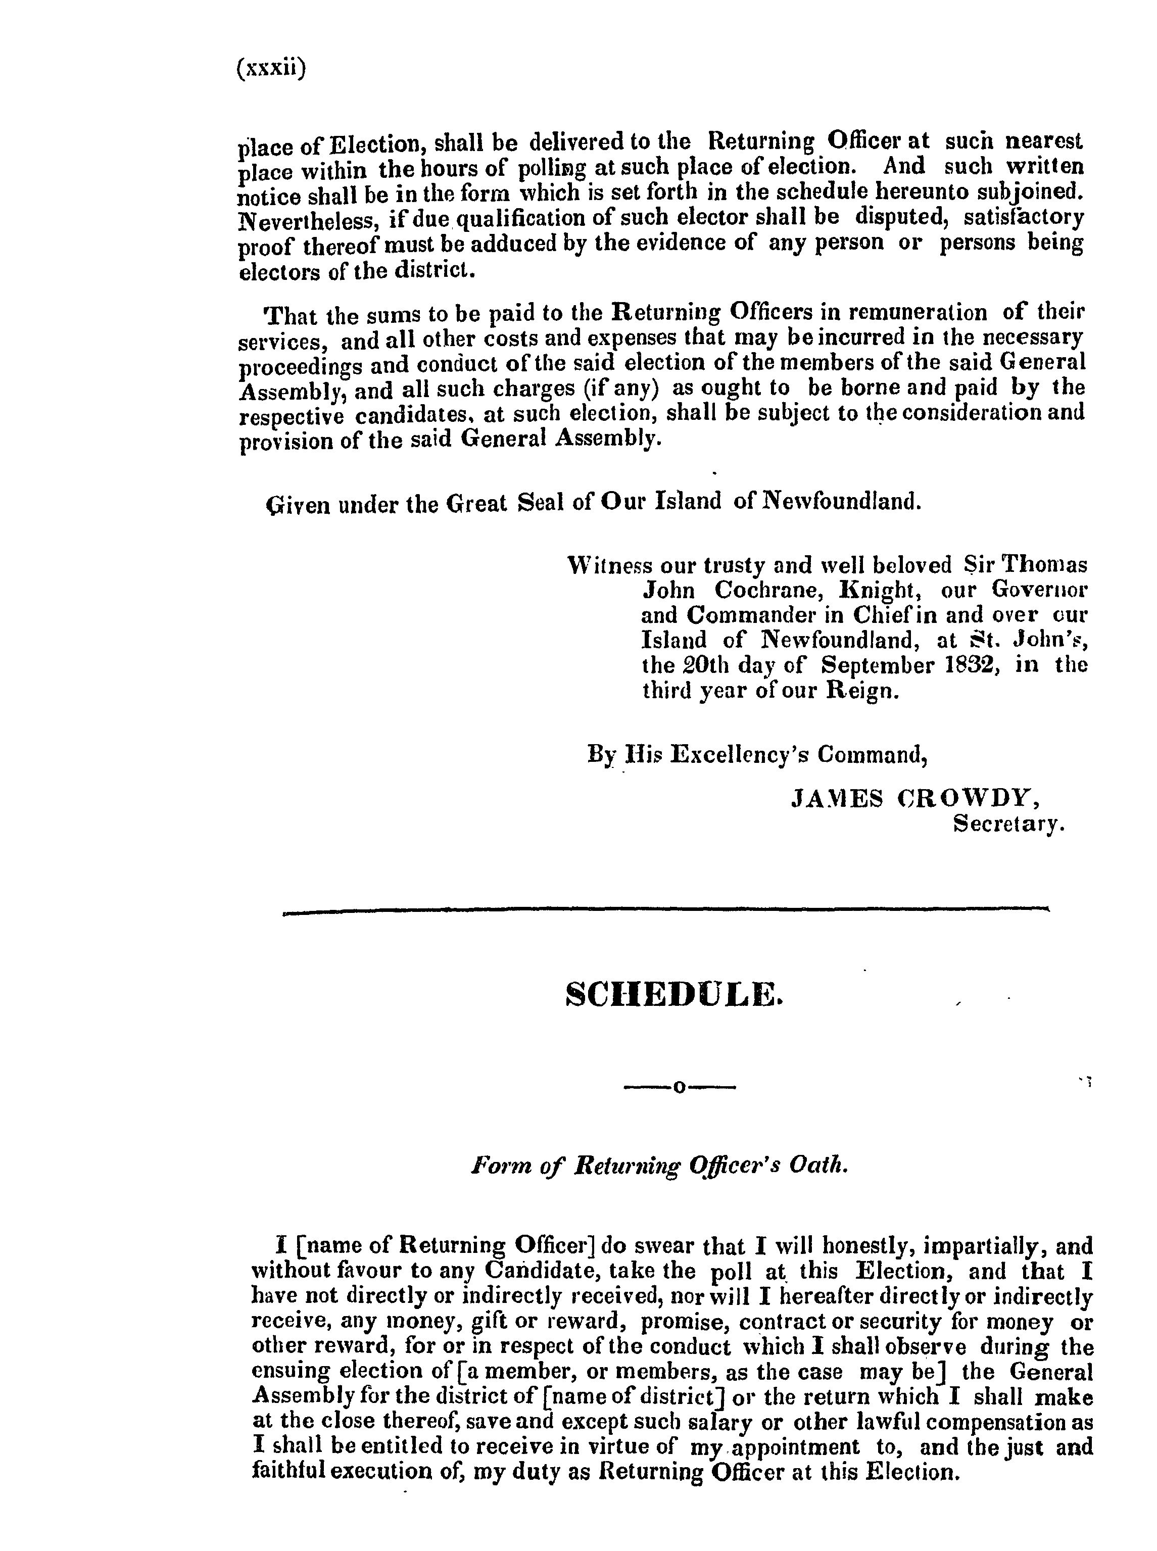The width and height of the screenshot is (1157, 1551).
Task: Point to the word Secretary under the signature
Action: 1008,824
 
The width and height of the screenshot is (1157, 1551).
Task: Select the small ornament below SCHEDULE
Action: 679,1087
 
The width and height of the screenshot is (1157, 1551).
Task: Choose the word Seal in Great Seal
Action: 540,501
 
